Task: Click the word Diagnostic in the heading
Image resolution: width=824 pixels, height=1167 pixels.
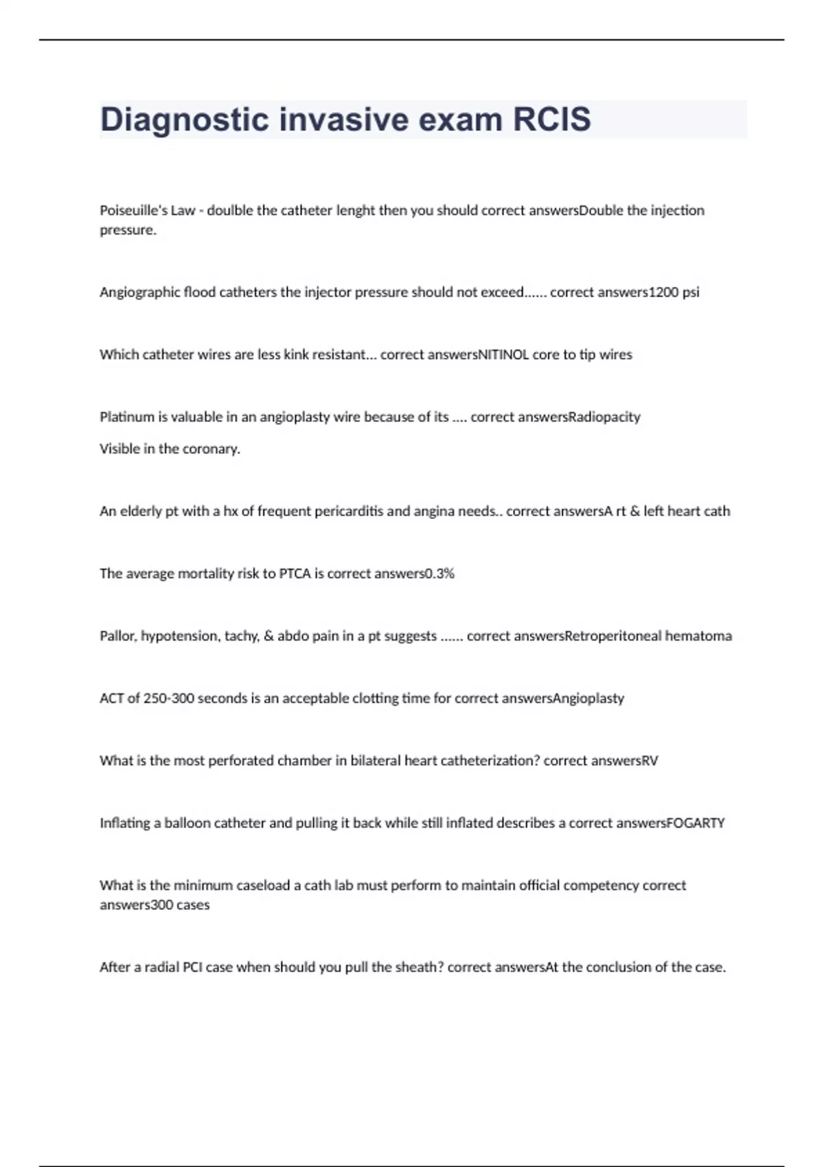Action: coord(185,119)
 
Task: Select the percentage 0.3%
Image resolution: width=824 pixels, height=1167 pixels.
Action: coord(439,574)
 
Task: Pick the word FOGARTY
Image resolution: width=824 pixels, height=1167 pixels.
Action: coord(696,823)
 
